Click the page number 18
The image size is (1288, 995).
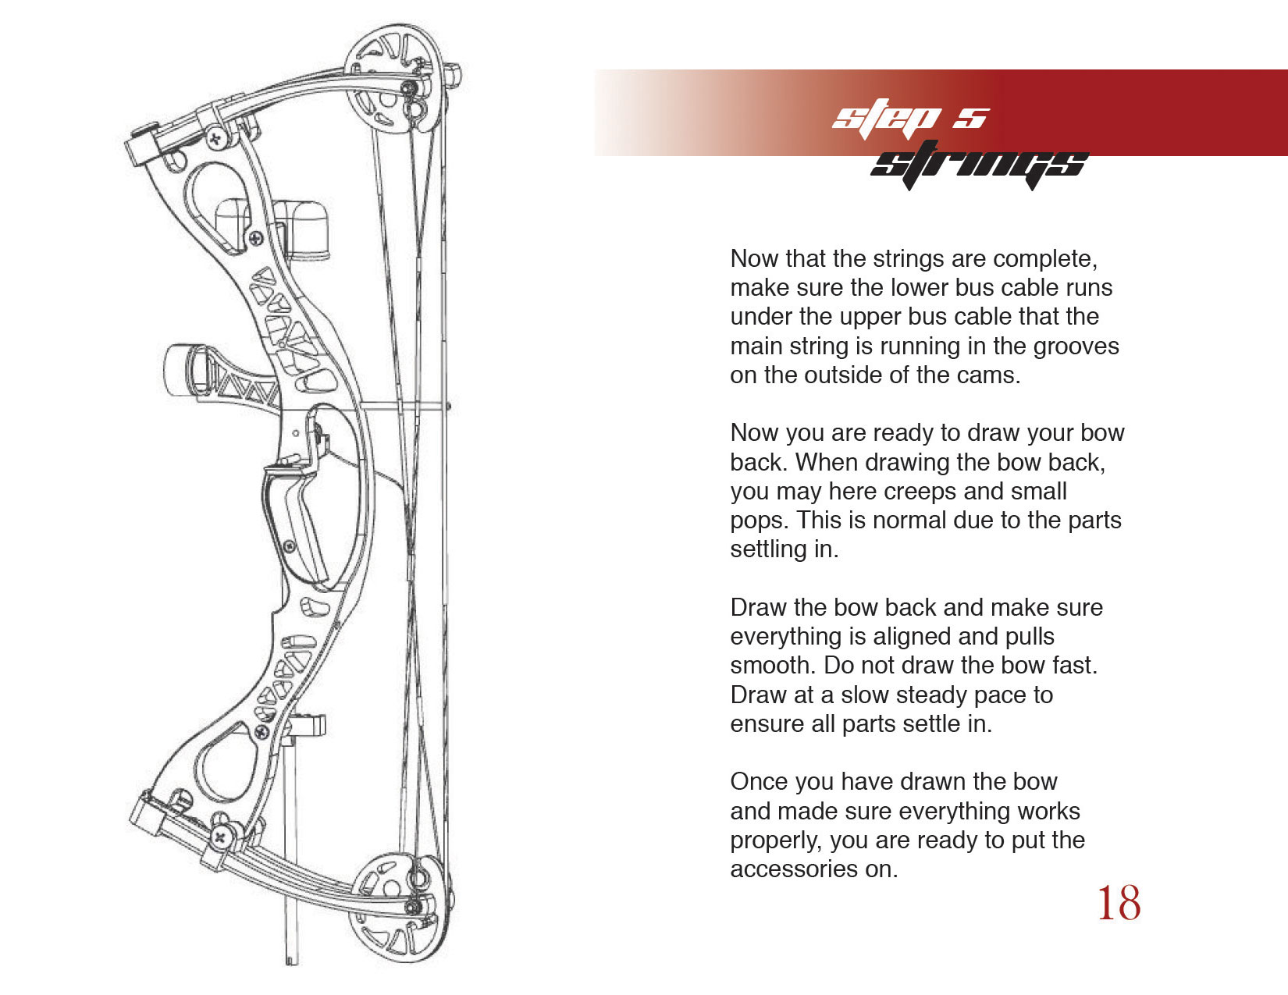(1119, 903)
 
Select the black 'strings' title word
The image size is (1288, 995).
(979, 165)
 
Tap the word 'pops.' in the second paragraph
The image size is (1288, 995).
(759, 521)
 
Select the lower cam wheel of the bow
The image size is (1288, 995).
(397, 907)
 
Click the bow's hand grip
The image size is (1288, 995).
(294, 521)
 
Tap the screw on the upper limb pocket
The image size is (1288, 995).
(218, 140)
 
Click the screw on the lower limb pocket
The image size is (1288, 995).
(220, 837)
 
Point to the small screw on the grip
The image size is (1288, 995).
(290, 545)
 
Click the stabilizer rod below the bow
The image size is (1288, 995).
(291, 848)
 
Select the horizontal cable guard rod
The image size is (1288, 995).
(403, 407)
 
